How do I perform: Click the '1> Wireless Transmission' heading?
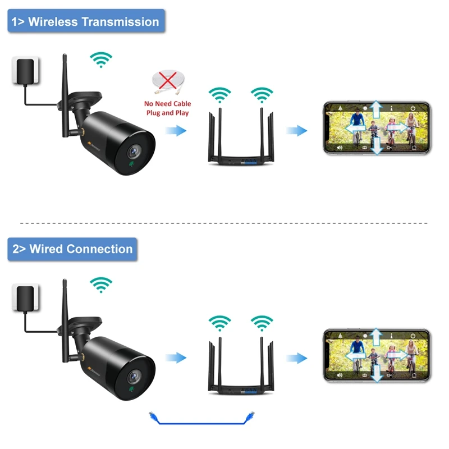pos(86,22)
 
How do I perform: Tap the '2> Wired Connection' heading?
pos(72,249)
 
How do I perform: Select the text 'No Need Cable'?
pos(167,104)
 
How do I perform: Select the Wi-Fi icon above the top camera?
pos(101,59)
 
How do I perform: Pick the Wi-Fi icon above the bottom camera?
pos(101,285)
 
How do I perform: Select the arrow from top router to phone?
pos(297,131)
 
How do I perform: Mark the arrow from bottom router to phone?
pos(297,358)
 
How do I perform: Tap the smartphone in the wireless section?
pos(377,128)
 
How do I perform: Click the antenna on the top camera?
pos(65,84)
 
